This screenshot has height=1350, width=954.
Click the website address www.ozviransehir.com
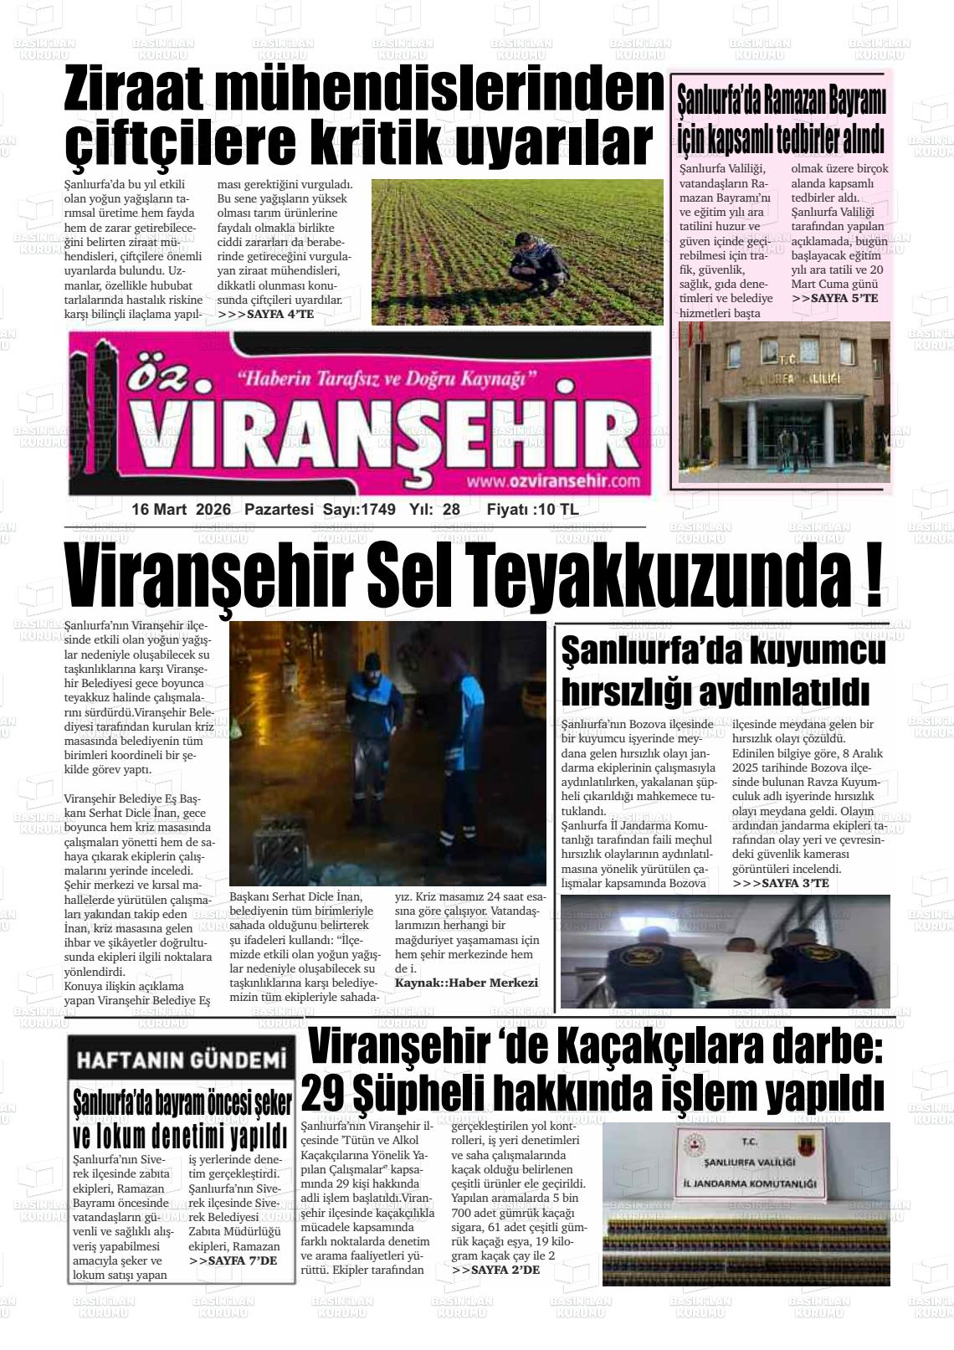pyautogui.click(x=553, y=481)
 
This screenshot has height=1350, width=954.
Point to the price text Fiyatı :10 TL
pyautogui.click(x=532, y=510)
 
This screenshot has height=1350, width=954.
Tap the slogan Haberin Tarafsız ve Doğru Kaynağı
pyautogui.click(x=387, y=379)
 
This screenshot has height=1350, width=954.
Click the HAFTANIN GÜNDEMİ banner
pyautogui.click(x=182, y=1060)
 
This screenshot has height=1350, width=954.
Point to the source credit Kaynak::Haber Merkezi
pyautogui.click(x=466, y=983)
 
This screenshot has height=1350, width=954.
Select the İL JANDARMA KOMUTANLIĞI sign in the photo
pyautogui.click(x=749, y=1184)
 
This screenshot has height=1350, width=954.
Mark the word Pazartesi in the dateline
pyautogui.click(x=279, y=510)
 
